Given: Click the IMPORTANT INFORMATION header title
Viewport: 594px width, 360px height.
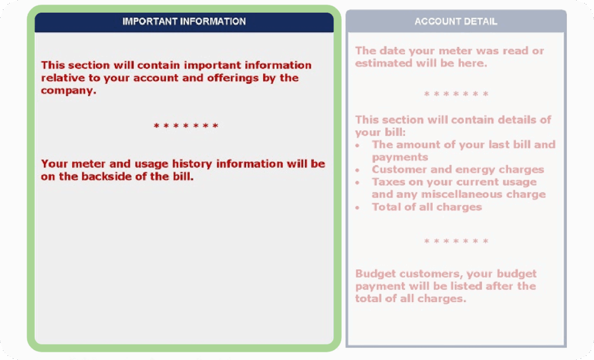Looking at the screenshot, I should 184,21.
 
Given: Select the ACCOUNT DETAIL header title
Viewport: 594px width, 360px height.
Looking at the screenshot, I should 455,21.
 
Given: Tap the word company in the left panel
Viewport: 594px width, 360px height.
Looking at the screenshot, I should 67,90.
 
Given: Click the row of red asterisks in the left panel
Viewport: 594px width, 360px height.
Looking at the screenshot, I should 186,126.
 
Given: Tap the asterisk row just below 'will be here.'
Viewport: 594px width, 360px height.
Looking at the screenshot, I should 456,94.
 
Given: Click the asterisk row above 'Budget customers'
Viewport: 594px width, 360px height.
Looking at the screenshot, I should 456,241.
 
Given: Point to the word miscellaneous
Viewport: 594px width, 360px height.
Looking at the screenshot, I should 458,194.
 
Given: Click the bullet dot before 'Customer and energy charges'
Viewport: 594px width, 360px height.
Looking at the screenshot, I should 358,170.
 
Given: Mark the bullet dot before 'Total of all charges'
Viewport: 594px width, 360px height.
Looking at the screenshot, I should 358,208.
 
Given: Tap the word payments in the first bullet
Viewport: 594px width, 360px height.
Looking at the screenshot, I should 400,157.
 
